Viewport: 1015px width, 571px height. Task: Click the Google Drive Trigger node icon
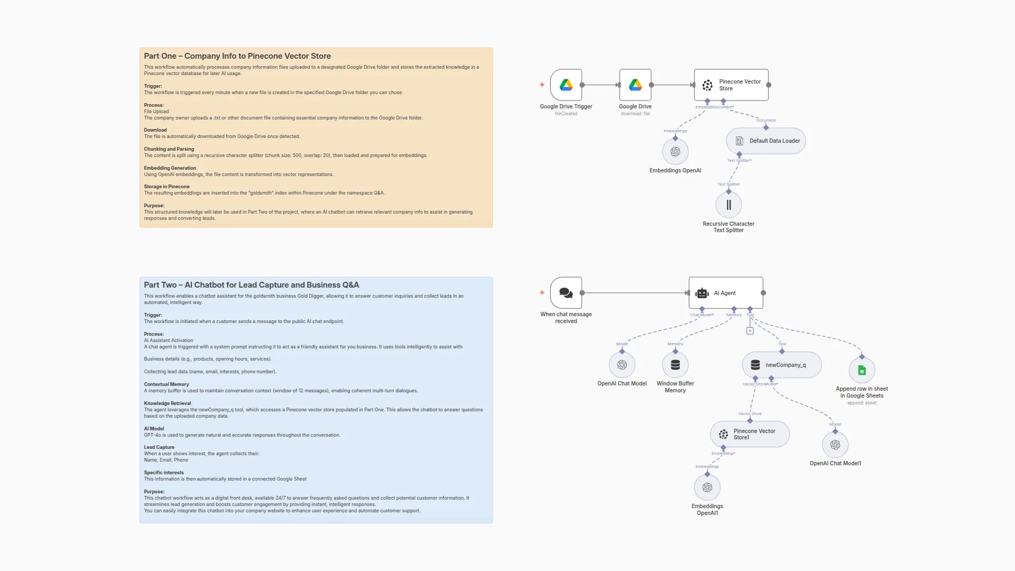(566, 85)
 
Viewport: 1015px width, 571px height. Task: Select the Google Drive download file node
(635, 85)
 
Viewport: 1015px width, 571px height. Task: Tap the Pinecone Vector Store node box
(731, 85)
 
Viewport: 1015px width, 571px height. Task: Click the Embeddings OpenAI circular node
(675, 152)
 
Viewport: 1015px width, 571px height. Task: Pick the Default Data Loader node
(765, 141)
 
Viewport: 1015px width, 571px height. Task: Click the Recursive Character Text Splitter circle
(728, 205)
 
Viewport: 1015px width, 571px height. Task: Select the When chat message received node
(566, 293)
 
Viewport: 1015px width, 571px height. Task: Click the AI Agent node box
(725, 293)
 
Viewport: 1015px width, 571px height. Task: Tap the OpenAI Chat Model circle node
(622, 365)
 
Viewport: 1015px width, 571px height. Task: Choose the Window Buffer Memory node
(675, 365)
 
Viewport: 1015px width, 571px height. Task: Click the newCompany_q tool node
(781, 365)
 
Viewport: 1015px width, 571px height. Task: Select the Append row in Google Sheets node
(862, 371)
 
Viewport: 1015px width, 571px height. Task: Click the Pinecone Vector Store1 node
(750, 434)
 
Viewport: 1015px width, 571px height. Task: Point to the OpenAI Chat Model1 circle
(835, 445)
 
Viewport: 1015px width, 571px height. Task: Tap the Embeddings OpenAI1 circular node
(707, 487)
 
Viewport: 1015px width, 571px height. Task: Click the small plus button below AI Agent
(750, 331)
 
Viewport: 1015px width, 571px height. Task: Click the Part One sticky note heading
(237, 56)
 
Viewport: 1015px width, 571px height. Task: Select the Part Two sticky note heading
(251, 285)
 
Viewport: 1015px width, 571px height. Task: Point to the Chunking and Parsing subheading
(169, 149)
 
